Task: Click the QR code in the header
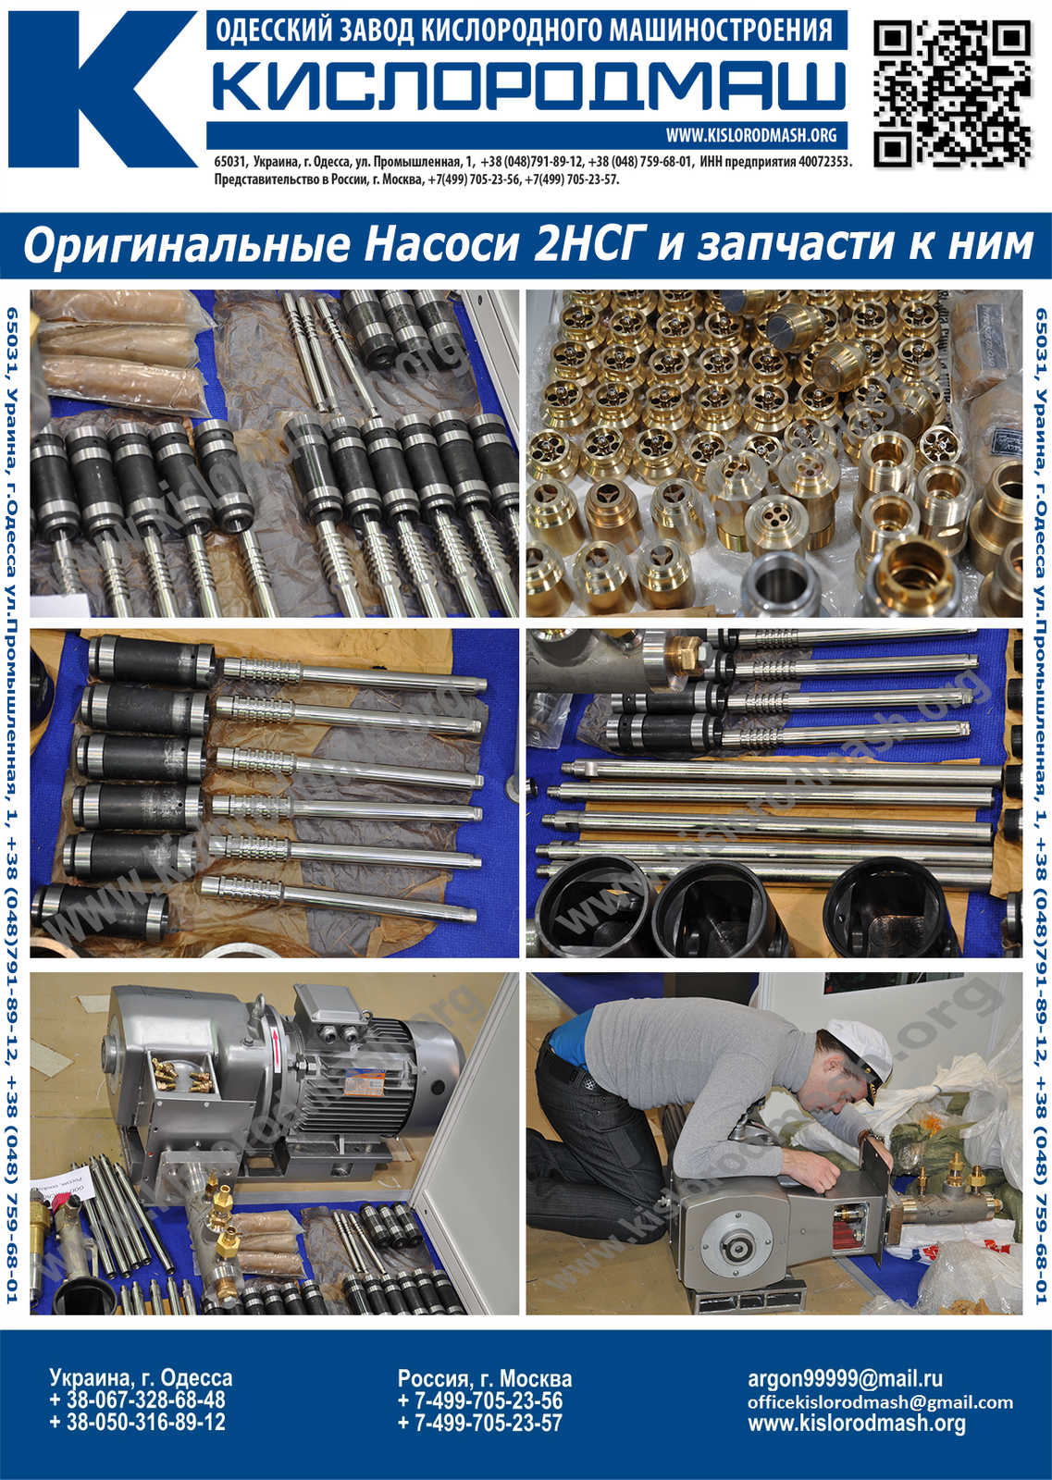(x=952, y=93)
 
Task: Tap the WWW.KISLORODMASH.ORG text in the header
(x=750, y=135)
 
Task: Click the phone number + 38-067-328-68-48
(x=137, y=1400)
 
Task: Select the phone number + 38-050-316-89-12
(x=137, y=1423)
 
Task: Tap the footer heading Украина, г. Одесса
(x=141, y=1377)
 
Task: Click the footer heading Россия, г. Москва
(x=484, y=1377)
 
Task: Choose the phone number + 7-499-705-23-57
(x=479, y=1423)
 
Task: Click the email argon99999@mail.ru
(x=845, y=1378)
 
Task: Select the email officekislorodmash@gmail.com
(x=880, y=1402)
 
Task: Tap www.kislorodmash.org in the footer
(x=856, y=1424)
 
